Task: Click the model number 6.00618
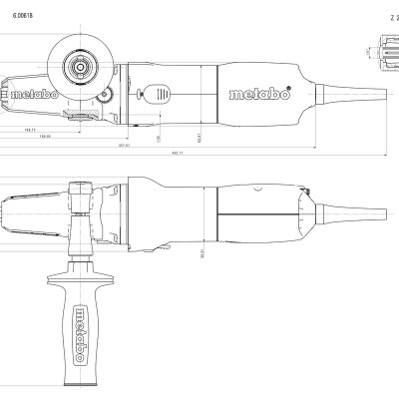coord(26,17)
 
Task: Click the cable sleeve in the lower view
coord(354,217)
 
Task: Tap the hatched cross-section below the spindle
coord(75,119)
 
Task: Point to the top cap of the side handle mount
coord(79,184)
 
